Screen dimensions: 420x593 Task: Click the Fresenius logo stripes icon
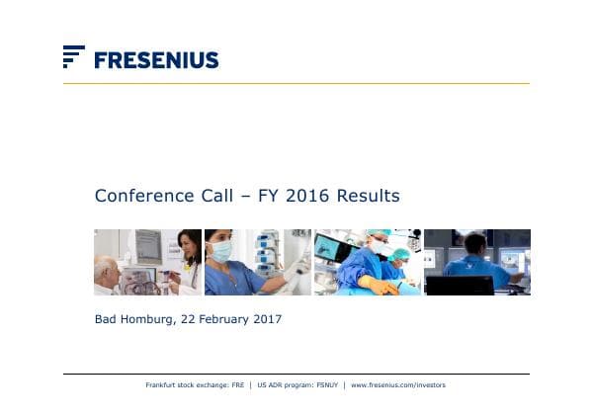(x=73, y=56)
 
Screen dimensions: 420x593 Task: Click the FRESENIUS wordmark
(x=156, y=60)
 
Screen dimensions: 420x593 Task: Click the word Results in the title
(x=368, y=196)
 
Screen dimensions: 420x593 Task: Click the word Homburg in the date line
(x=148, y=319)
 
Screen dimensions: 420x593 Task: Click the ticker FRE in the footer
(x=237, y=384)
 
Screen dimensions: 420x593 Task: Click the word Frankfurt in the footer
(x=163, y=384)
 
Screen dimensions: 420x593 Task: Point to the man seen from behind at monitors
(x=474, y=259)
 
